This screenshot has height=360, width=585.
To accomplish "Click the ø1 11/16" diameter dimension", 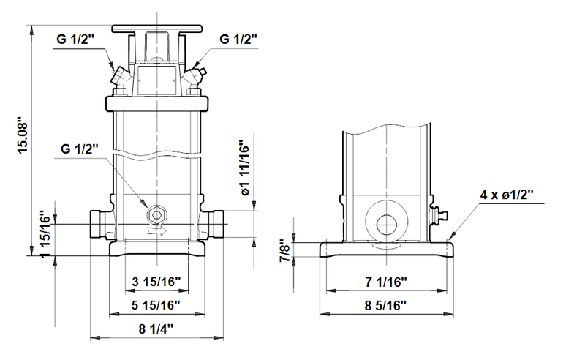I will [245, 169].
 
